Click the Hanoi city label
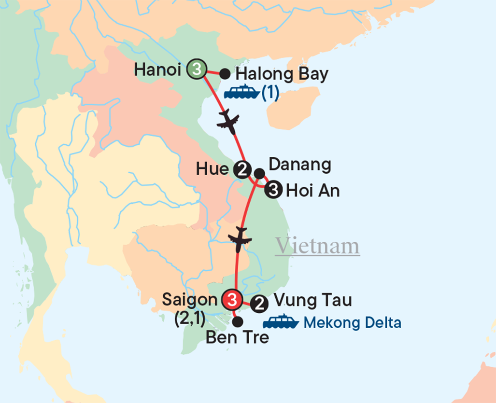coord(158,69)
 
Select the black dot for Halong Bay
coord(225,74)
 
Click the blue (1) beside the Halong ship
coord(270,93)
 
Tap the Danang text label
coord(299,165)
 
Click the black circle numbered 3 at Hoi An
coord(274,190)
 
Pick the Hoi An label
coord(313,191)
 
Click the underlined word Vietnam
coord(317,246)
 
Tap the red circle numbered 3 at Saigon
coord(231,300)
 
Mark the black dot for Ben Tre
coord(237,321)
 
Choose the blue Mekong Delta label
coord(353,322)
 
